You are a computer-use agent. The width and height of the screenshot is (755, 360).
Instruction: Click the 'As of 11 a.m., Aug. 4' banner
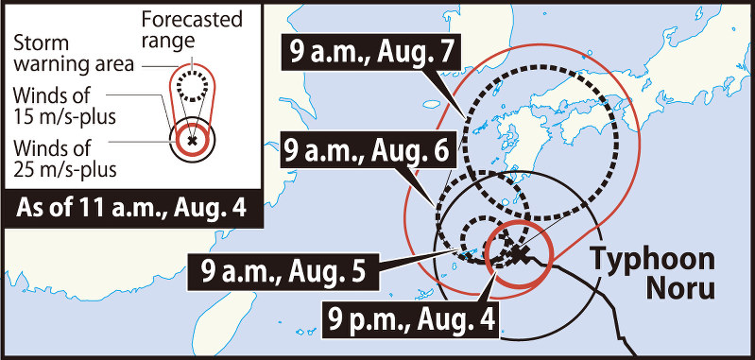[x=132, y=207]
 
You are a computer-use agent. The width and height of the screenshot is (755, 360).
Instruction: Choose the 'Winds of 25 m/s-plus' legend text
[x=63, y=159]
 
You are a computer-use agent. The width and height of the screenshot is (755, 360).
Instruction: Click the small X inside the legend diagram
[x=193, y=140]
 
